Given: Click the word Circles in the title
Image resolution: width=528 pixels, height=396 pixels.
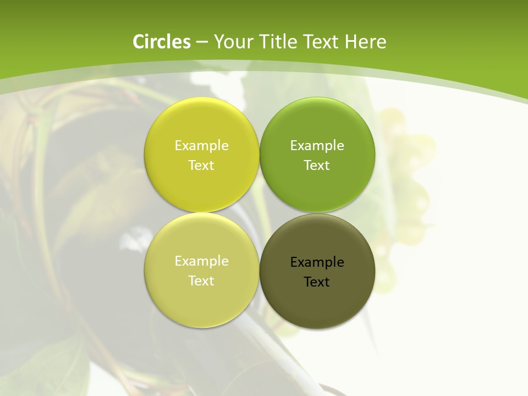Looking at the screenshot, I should click(161, 42).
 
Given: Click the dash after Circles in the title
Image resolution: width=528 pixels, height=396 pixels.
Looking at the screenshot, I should click(202, 42).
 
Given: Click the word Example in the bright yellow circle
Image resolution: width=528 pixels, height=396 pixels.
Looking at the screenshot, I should click(201, 146).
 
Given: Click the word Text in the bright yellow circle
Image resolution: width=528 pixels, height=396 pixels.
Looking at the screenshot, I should click(201, 166).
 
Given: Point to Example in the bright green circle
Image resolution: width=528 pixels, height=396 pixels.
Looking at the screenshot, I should click(317, 146).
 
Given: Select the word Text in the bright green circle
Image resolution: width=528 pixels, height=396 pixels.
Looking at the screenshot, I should click(317, 166).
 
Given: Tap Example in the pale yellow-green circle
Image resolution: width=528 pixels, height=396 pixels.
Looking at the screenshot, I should click(201, 261).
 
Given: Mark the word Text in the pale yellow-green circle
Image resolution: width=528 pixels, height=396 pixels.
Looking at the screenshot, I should click(201, 281).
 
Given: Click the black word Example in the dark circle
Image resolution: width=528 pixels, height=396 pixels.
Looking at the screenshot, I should click(317, 262).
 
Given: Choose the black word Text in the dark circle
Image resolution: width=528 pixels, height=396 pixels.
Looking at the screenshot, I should click(317, 282).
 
